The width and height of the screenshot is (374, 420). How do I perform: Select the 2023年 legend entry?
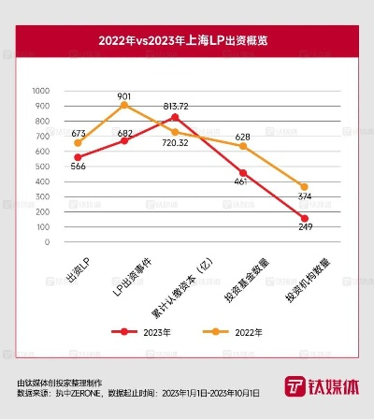click(140, 331)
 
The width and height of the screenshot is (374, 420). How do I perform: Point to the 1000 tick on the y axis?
click(40, 91)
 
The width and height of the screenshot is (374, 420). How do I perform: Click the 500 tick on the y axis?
click(42, 167)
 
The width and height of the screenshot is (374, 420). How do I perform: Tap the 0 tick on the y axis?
click(47, 242)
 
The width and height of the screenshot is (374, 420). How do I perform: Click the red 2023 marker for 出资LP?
click(78, 157)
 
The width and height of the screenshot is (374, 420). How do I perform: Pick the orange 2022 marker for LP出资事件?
click(125, 106)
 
